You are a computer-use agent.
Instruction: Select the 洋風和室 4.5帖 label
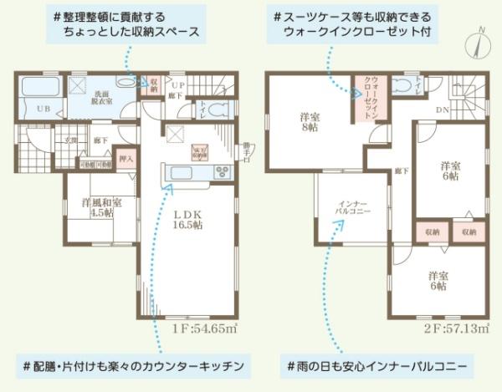[101, 206]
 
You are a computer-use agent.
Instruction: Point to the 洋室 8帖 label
[310, 124]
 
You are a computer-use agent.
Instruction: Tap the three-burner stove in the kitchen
[223, 172]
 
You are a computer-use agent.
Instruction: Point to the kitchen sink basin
[181, 173]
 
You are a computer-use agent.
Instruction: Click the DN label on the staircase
[440, 109]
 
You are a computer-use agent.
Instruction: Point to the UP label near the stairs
[177, 85]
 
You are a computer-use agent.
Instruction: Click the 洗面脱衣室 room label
[101, 98]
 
